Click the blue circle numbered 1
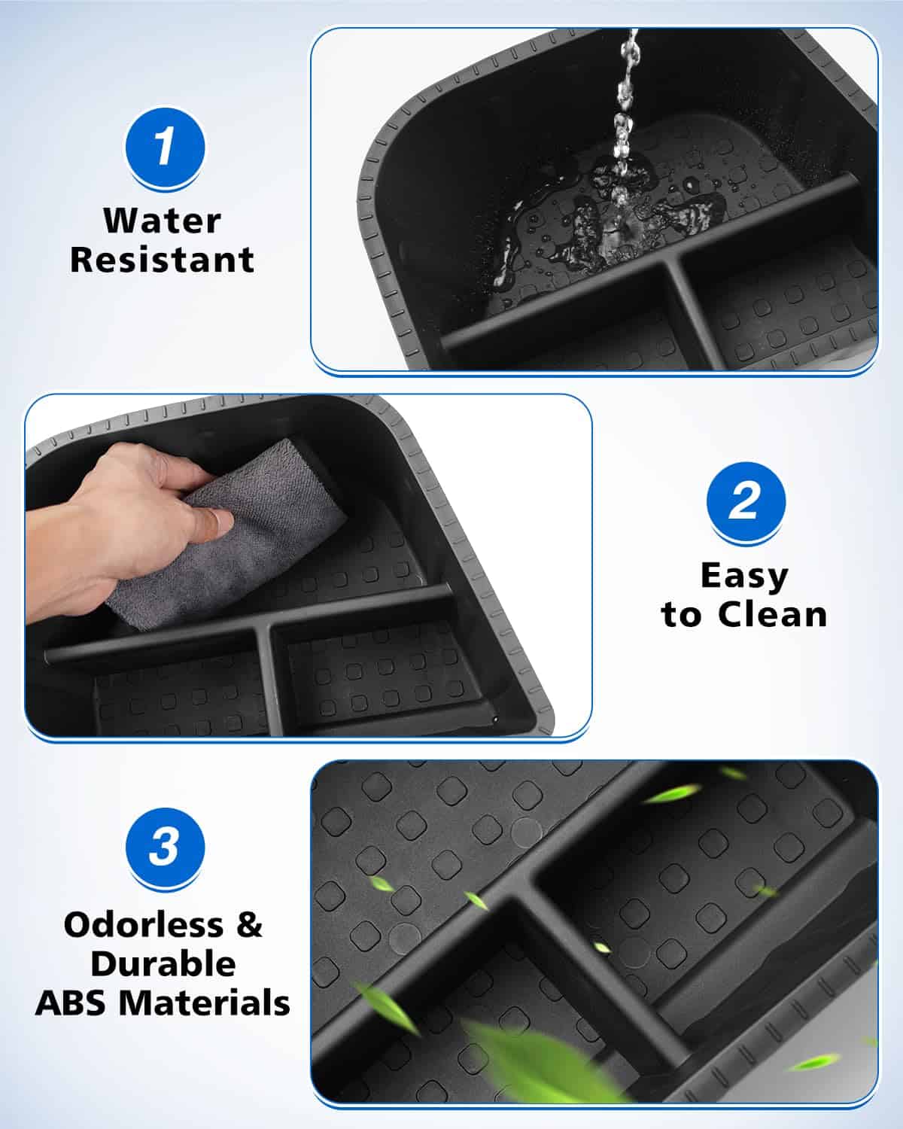[165, 148]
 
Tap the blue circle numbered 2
[746, 502]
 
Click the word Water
[162, 221]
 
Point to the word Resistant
[162, 260]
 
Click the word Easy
[744, 577]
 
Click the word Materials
[204, 1003]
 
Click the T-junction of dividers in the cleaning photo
[263, 625]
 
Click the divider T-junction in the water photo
[673, 260]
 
